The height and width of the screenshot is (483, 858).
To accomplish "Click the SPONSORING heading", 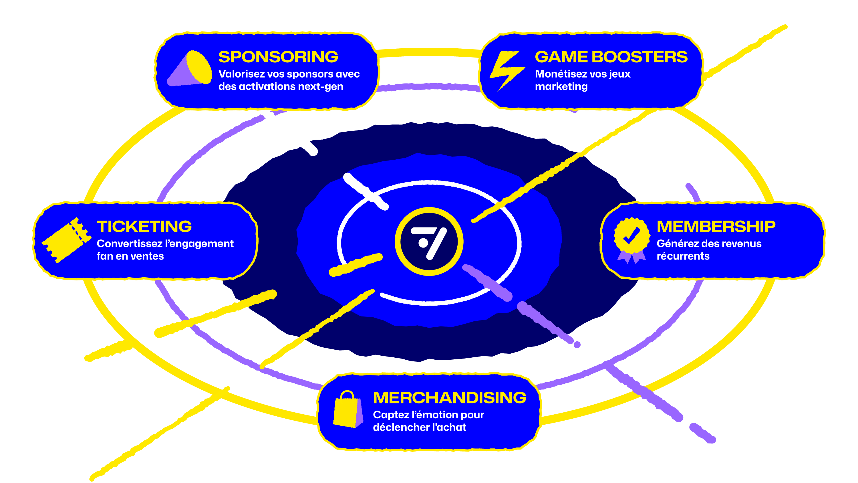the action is pos(278,57).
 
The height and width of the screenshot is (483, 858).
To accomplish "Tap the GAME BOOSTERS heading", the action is pos(611,57).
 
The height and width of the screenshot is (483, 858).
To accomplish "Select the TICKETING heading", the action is pos(144,227).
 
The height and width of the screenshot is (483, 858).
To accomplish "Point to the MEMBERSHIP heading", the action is pos(716,227).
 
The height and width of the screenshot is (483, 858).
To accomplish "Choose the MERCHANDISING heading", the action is pos(450,398).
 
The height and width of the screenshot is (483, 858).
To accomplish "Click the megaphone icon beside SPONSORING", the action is pos(189,68).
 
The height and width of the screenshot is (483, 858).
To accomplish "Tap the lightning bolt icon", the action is pos(507,71).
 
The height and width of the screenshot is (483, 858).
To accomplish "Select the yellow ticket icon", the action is pos(67,240).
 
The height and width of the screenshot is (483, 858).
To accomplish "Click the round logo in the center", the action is pos(429,242).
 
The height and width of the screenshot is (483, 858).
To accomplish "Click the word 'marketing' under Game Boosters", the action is pos(561,87).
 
